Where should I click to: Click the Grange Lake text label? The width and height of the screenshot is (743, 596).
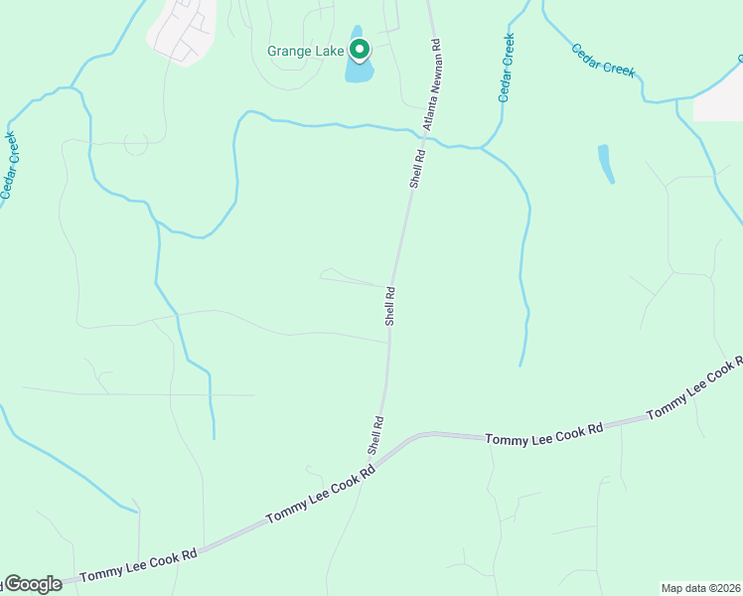(x=305, y=51)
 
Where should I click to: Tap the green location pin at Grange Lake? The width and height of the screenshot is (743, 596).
(x=359, y=50)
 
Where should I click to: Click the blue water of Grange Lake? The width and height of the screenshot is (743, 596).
(x=359, y=73)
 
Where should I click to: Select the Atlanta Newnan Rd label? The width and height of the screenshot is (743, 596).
(x=430, y=85)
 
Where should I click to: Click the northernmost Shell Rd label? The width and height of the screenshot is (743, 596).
(x=418, y=170)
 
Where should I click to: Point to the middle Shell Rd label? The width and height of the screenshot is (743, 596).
(x=390, y=306)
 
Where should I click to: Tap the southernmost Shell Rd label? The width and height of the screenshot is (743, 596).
(x=376, y=436)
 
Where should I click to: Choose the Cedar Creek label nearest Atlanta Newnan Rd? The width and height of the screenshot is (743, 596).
(x=507, y=68)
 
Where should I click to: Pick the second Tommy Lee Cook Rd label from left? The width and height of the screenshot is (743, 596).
(x=320, y=498)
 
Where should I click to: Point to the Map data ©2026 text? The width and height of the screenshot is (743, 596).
(x=700, y=588)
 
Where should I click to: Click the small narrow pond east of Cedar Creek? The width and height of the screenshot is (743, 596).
(x=606, y=164)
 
